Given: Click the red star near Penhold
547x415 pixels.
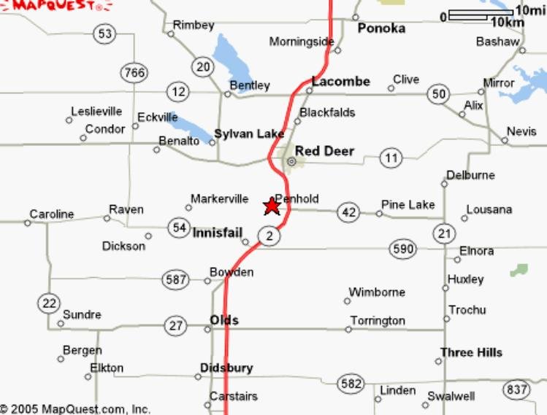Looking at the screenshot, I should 271,206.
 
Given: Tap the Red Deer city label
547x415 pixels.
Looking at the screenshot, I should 324,151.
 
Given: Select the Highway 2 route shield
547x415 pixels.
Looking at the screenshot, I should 269,236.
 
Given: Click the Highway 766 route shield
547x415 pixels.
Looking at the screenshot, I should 134,73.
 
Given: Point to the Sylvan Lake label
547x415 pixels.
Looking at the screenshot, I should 248,133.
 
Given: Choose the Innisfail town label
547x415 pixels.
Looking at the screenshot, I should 217,232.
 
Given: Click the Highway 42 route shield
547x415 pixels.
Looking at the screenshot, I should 348,212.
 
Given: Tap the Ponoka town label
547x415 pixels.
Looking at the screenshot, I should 381,28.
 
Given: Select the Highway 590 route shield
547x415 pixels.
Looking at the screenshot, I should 402,249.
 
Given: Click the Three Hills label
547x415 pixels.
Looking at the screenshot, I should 471,352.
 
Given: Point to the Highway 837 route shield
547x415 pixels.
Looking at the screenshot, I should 517,390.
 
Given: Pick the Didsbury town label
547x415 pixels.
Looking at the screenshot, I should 226,368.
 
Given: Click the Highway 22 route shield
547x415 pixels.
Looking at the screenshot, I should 50,303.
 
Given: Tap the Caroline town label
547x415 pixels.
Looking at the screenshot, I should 51,214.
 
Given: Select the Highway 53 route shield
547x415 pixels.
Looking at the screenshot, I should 105,34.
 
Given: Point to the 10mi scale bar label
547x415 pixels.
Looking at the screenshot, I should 529,10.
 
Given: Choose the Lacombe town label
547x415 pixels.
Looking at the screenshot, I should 341,82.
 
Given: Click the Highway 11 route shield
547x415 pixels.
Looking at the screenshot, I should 391,158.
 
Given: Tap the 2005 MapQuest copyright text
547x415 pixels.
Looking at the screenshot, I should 75,409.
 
